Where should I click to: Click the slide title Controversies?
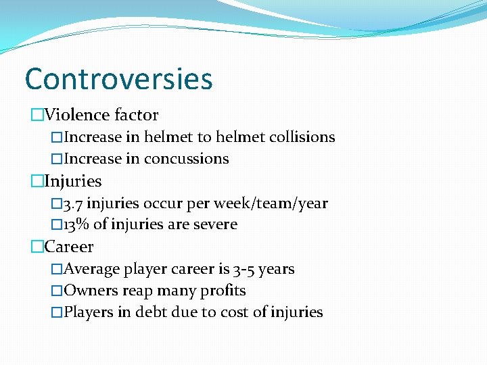point(118,78)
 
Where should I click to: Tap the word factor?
point(137,116)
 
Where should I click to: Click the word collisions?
point(302,137)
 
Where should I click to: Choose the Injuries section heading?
point(72,181)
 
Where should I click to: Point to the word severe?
point(215,224)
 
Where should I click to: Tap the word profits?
point(223,291)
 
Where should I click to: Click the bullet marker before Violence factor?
point(37,116)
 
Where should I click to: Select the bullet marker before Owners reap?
point(57,291)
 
